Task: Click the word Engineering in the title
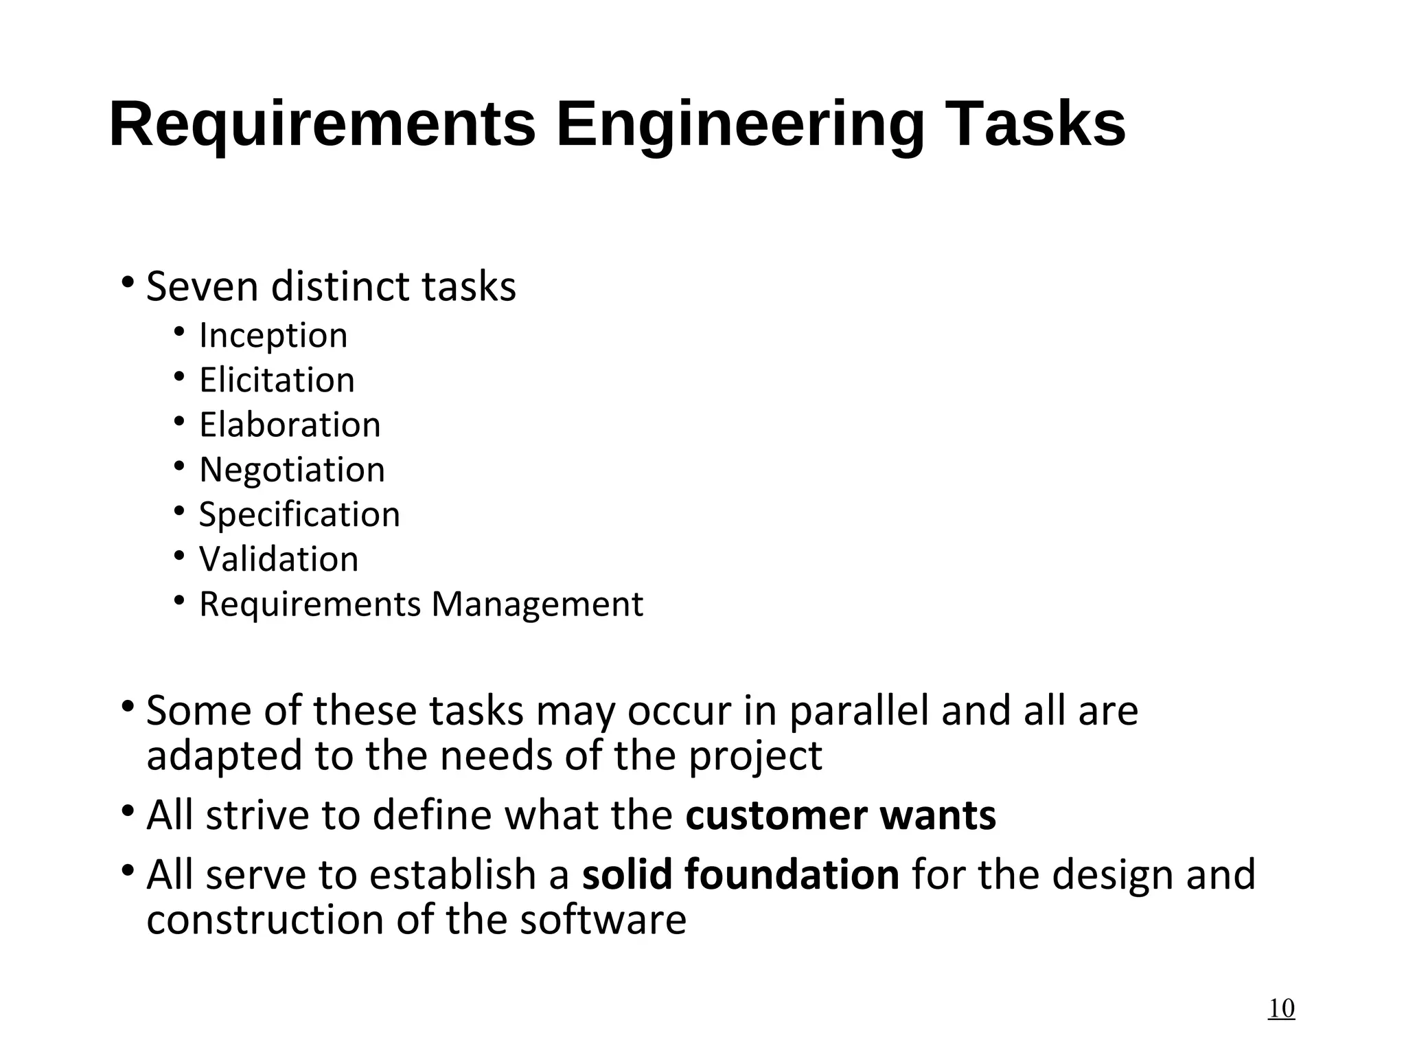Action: click(739, 126)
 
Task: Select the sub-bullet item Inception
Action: click(273, 336)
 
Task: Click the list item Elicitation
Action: click(277, 380)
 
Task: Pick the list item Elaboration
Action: click(290, 424)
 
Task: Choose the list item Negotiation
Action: click(292, 470)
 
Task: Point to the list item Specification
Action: click(299, 514)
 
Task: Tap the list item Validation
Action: click(279, 559)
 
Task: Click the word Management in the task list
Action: click(537, 604)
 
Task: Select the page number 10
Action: click(1280, 1008)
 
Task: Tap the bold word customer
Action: click(776, 815)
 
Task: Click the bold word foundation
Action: click(792, 874)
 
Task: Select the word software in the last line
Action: click(602, 920)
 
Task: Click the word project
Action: click(755, 756)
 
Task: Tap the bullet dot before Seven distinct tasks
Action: click(127, 282)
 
